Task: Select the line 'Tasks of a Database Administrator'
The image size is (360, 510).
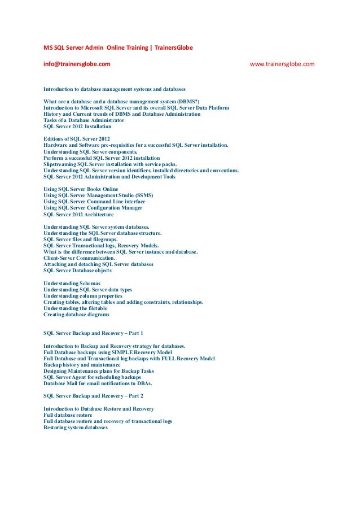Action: click(x=84, y=120)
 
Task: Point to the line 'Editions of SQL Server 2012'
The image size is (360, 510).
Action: click(x=77, y=139)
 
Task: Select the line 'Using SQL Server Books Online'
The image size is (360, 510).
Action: click(x=81, y=189)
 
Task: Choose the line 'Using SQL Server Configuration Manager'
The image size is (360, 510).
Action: click(x=93, y=208)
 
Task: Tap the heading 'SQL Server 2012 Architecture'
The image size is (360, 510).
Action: click(x=78, y=214)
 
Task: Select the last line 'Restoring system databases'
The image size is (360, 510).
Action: click(x=75, y=428)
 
